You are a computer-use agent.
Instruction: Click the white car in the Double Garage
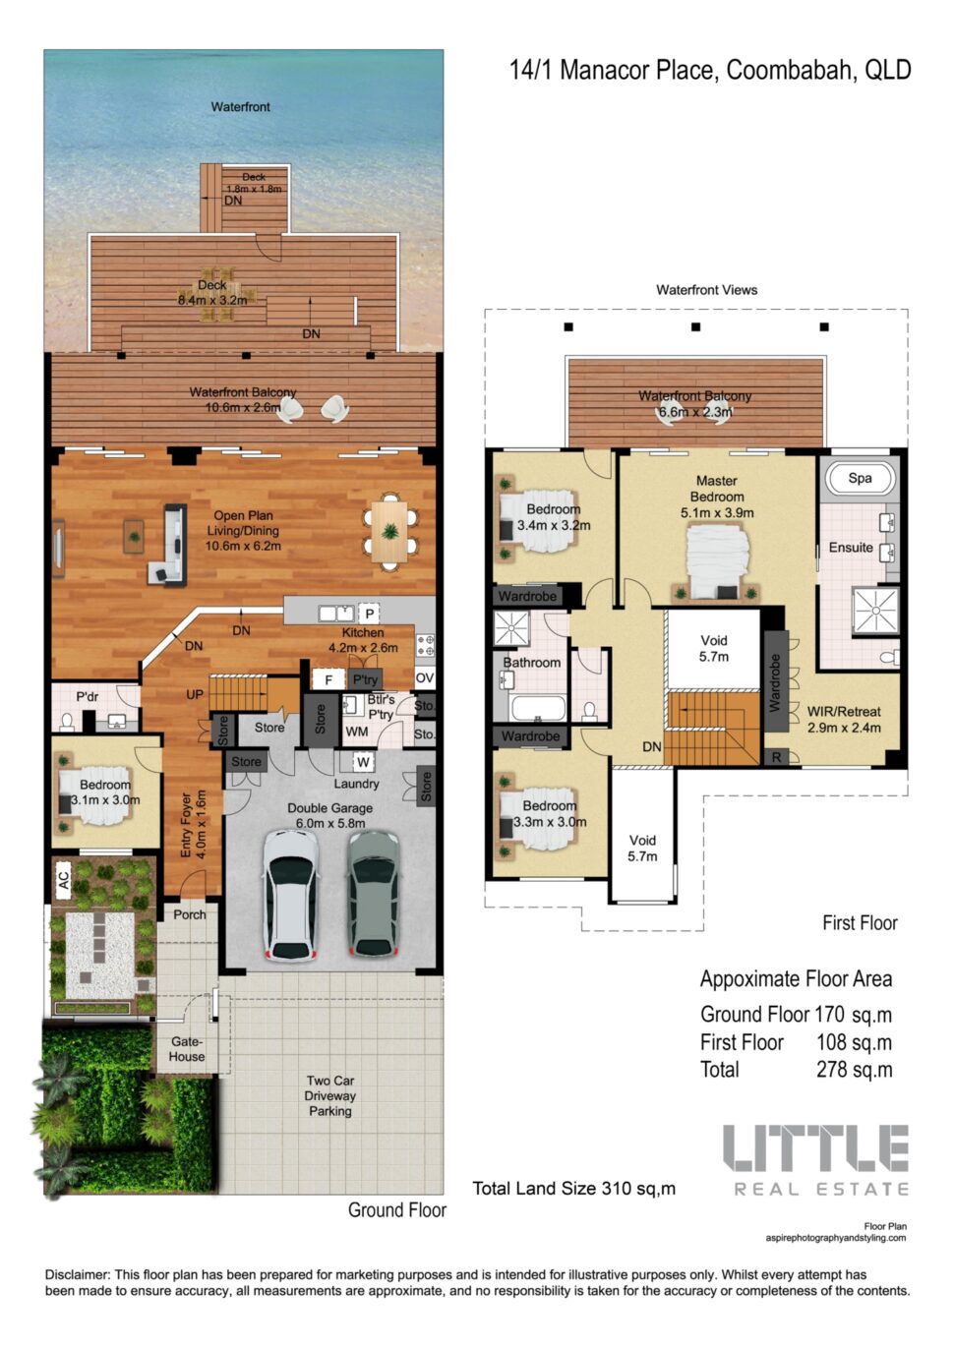coord(291,895)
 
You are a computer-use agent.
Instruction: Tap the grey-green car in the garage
coord(374,895)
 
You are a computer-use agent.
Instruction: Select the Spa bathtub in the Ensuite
coord(860,479)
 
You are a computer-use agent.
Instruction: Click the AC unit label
coord(64,876)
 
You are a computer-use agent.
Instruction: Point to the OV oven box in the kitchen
coord(425,677)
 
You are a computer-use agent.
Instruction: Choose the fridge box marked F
coord(328,680)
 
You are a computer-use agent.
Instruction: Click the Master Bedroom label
coord(717,489)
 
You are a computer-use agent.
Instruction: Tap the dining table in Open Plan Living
coord(390,531)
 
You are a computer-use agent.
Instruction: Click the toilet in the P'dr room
coord(68,720)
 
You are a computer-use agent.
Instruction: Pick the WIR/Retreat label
coord(844,711)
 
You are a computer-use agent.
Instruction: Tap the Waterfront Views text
coord(706,290)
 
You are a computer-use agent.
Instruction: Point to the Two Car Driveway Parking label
coord(330,1096)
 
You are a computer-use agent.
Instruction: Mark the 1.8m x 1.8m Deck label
coord(254,189)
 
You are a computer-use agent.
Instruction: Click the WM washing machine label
coord(357,732)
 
